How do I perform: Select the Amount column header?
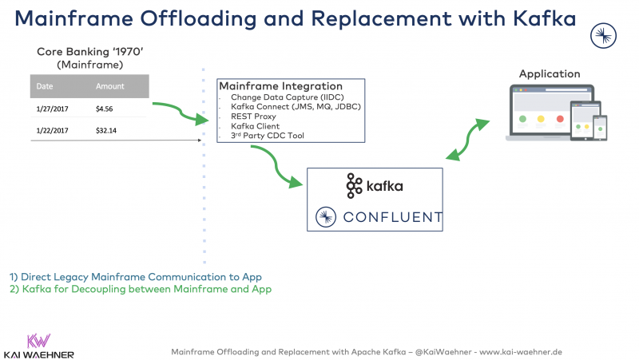click(110, 86)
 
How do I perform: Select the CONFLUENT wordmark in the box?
click(391, 216)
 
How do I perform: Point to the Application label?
click(550, 74)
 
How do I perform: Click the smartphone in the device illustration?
click(599, 127)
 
